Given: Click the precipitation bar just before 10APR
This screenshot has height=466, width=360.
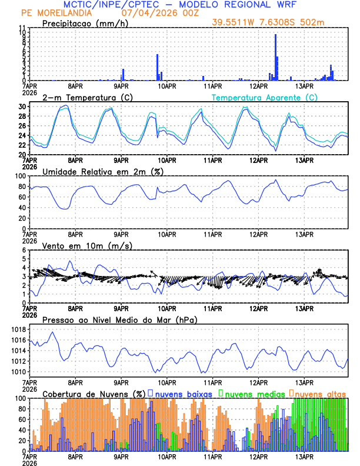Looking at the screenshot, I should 157,68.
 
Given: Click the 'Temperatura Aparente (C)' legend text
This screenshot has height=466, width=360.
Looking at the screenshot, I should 264,97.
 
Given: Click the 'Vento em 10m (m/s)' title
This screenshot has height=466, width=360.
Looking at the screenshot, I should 87,245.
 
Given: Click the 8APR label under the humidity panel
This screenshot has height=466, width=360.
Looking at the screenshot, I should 75,234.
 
